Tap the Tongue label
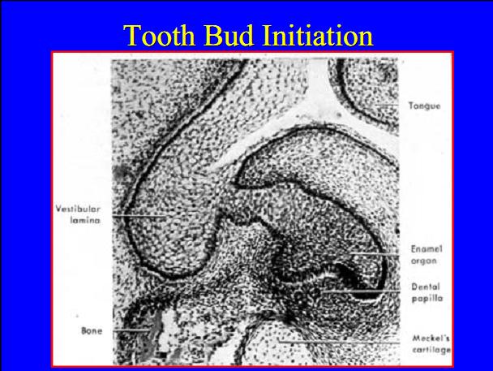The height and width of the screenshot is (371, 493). click(424, 106)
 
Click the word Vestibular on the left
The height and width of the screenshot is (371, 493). click(78, 209)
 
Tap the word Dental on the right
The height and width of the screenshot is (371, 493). click(426, 287)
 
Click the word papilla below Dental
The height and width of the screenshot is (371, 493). click(426, 299)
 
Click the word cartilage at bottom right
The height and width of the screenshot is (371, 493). click(430, 350)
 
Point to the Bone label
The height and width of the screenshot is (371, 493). click(91, 330)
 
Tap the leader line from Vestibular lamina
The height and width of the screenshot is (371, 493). click(146, 215)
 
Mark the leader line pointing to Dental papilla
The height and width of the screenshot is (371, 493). click(365, 290)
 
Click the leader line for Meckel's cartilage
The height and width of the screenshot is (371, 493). click(349, 342)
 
